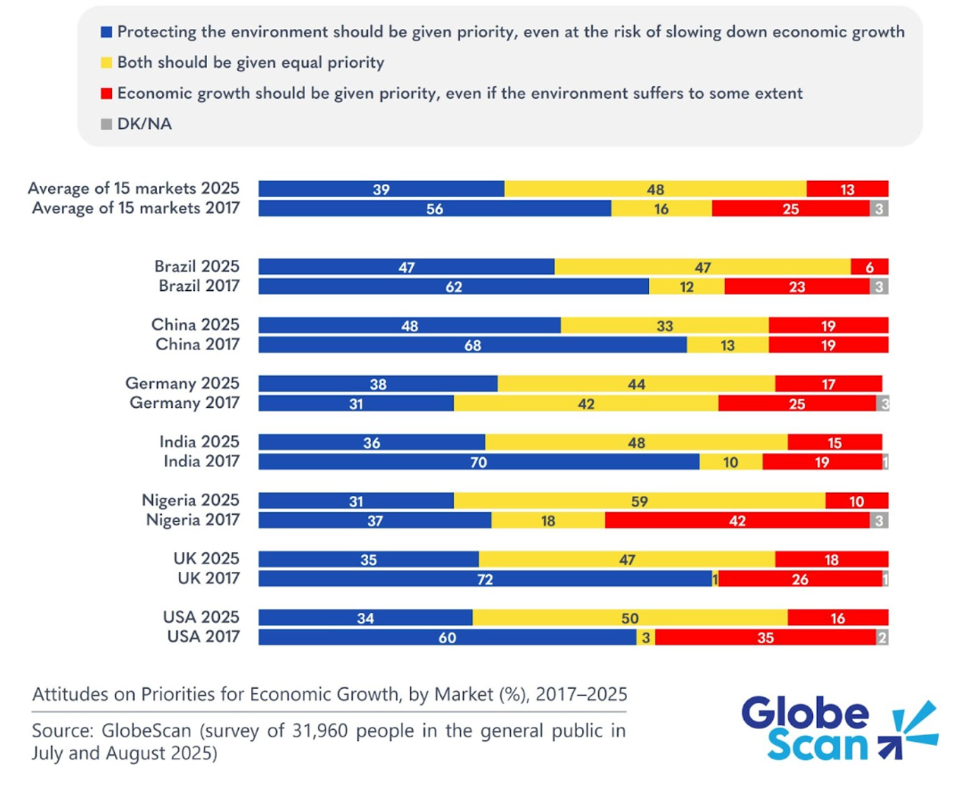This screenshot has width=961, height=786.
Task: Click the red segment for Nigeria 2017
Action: click(x=737, y=520)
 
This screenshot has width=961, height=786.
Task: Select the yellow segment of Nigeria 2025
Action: click(x=639, y=500)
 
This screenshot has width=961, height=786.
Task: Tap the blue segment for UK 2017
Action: click(x=485, y=579)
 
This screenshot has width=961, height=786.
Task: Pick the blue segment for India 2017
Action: click(x=478, y=461)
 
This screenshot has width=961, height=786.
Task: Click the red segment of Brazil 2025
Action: click(x=869, y=266)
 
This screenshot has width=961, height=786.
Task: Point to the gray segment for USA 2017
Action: click(x=881, y=637)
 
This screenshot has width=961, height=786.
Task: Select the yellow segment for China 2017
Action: click(x=727, y=344)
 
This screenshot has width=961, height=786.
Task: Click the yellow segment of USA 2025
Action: click(x=630, y=618)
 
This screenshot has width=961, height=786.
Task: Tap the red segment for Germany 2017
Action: click(x=797, y=404)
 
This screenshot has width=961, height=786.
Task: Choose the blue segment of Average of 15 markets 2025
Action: click(x=381, y=189)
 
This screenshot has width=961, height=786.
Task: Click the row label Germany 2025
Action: click(x=182, y=383)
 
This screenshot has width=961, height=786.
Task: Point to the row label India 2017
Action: click(x=201, y=461)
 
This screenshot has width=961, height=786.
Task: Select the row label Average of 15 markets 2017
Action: click(x=136, y=208)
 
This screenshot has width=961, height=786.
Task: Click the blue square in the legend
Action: click(x=106, y=32)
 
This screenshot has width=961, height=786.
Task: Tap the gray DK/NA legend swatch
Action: click(x=106, y=124)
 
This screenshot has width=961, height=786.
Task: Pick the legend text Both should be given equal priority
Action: click(x=251, y=63)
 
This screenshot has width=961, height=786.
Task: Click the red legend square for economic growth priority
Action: click(x=106, y=94)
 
